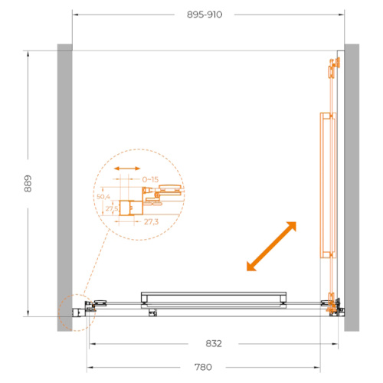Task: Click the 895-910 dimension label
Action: coord(205,15)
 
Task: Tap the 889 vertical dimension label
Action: coord(28,184)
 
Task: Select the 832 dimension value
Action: coord(214,344)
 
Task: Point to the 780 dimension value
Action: coord(203,367)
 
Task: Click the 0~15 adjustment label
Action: coord(150,179)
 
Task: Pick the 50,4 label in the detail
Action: coord(103,197)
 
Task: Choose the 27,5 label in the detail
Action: coord(112,208)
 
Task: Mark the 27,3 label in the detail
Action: coord(151,221)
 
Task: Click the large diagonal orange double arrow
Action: coord(271,246)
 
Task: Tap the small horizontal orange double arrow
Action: coord(127,169)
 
